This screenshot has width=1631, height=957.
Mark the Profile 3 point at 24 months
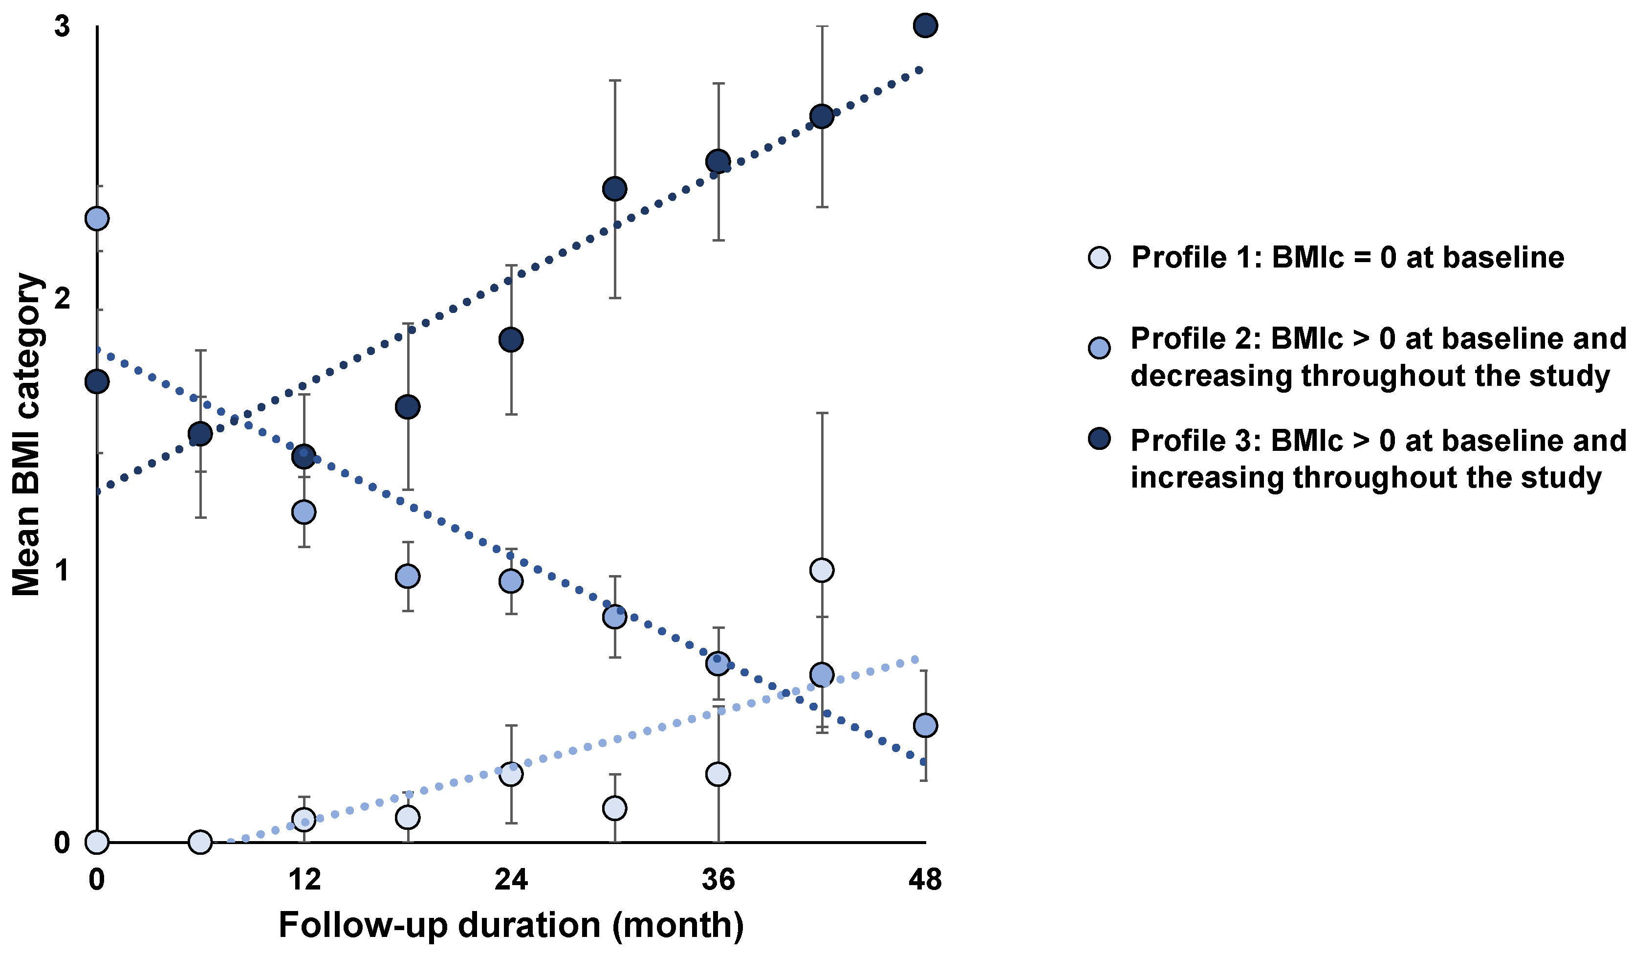coord(511,339)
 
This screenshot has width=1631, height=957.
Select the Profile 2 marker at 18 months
coord(407,576)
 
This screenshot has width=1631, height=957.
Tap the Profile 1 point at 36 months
coord(718,774)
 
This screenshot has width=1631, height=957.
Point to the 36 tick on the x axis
coord(718,880)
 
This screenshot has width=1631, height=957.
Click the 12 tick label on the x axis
coord(304,880)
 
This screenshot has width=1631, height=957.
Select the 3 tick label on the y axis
coord(62,27)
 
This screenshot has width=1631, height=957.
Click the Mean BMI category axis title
coord(27,434)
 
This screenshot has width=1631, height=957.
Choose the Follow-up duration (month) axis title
coord(511,925)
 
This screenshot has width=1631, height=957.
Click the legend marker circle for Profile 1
coord(1099,258)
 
